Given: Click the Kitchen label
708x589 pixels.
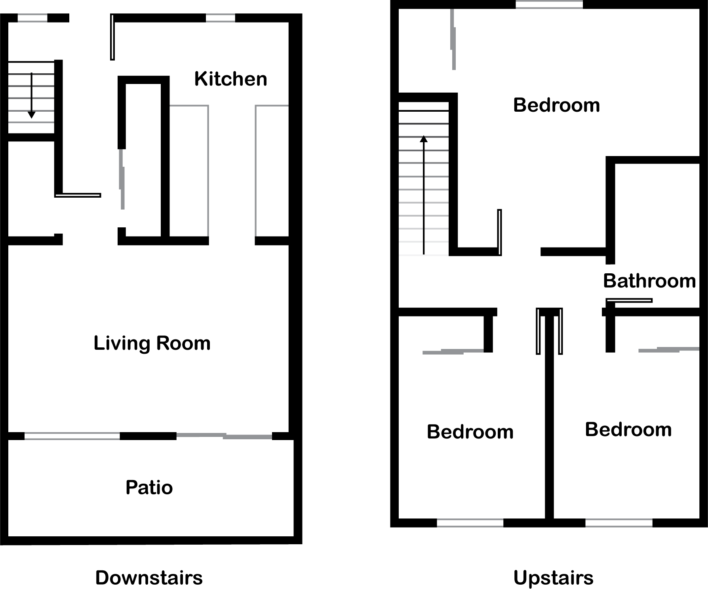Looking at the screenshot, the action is point(231,79).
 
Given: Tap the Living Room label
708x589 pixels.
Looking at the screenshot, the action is point(152,343).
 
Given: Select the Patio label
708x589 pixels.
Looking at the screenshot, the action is point(149,487).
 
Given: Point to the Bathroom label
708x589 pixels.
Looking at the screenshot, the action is point(649,281).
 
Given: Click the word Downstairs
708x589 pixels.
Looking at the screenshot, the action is point(149,578).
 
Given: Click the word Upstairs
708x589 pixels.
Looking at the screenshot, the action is point(554,578).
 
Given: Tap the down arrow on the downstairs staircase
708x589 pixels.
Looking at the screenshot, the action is point(32,95).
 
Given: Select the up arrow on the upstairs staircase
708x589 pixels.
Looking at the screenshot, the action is point(424,194).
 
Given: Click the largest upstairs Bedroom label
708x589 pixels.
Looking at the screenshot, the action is point(556,105).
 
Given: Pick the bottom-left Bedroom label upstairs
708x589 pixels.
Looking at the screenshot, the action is point(470,432).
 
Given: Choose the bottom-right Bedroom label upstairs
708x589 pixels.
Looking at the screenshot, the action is point(628,430).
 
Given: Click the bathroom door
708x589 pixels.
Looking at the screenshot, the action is point(629,301).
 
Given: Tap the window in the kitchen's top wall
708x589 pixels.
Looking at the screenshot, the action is point(221,18).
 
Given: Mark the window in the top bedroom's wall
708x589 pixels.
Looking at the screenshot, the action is point(549,4).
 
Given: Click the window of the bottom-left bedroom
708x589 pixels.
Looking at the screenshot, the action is point(470,523).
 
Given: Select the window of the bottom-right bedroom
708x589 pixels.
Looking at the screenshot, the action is point(619,523).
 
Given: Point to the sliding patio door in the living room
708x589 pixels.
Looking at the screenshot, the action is point(224,436).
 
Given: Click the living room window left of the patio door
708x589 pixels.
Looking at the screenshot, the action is point(72,436).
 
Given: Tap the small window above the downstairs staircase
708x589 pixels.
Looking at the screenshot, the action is point(32,18).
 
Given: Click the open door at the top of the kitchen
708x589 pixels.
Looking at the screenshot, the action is point(112,37).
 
